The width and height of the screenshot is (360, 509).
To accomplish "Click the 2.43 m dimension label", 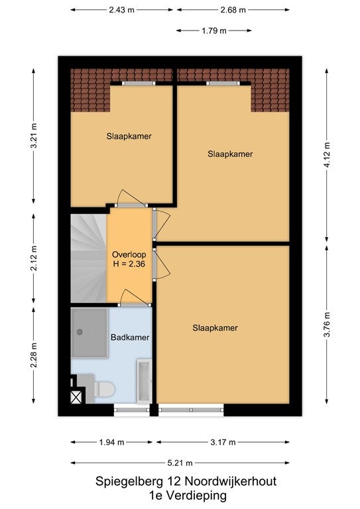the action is click(x=122, y=10).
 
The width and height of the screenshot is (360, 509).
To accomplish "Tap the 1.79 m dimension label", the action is click(x=214, y=30).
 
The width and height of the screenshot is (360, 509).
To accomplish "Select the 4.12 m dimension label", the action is click(x=327, y=155).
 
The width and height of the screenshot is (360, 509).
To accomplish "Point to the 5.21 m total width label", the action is click(x=180, y=463).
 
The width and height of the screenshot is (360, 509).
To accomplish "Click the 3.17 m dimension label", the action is click(x=223, y=442).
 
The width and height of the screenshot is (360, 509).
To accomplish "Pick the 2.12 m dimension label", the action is click(x=34, y=258).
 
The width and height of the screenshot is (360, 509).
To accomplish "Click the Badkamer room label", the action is click(x=130, y=337).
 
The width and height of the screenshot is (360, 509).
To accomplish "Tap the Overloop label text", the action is click(x=129, y=254).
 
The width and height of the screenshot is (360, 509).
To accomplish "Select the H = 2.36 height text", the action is click(x=129, y=264).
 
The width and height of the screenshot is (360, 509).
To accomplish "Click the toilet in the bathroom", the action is click(x=104, y=389).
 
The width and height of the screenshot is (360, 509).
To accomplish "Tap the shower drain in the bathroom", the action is click(x=80, y=332).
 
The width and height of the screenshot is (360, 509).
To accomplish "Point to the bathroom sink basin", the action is click(x=144, y=381).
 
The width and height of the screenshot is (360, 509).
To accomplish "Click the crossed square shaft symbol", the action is click(x=76, y=398).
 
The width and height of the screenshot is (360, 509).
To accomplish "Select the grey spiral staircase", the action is click(x=88, y=258).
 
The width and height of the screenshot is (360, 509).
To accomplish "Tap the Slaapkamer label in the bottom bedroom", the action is click(x=215, y=328).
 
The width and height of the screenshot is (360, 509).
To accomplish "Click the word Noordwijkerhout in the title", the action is click(x=231, y=481).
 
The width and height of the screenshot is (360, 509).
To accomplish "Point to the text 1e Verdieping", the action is click(x=188, y=496).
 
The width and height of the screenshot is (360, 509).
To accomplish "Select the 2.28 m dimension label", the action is click(x=34, y=355).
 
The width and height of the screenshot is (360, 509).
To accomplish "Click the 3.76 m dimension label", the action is click(x=327, y=324).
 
